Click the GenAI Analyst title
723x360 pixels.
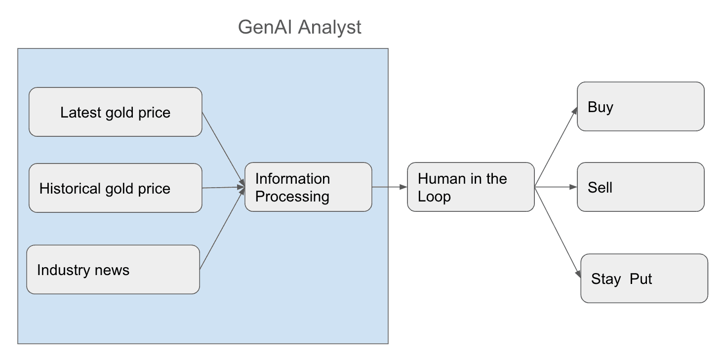point(299,27)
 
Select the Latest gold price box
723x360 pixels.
point(115,112)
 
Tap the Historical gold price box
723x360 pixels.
point(115,188)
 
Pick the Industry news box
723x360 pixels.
point(113,270)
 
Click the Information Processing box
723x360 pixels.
point(308,187)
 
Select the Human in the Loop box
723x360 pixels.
point(470,187)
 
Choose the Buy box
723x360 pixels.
point(640,107)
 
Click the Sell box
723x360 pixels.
point(640,187)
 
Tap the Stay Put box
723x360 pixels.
point(643,279)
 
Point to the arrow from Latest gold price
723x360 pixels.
point(223,149)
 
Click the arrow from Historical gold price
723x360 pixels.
point(223,187)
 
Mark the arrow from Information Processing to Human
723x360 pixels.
point(389,187)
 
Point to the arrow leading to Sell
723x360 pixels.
point(556,187)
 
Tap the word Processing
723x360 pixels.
point(292,197)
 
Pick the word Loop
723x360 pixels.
point(434,197)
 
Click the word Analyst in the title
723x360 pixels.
point(329,27)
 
